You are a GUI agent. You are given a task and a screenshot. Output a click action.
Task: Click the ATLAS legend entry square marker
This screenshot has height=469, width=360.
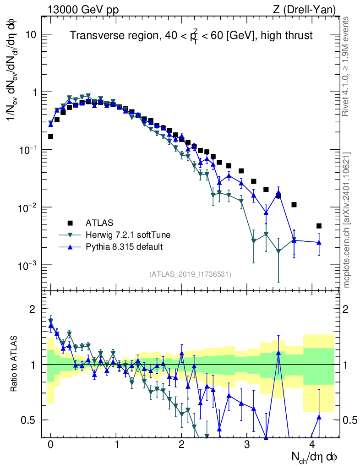click(x=70, y=223)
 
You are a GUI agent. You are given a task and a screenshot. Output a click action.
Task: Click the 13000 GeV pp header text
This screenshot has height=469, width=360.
click(x=83, y=9)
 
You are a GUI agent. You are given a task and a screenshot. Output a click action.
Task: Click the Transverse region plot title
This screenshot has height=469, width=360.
click(x=191, y=36)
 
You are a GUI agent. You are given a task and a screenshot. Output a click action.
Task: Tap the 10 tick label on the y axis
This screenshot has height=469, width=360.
click(x=31, y=35)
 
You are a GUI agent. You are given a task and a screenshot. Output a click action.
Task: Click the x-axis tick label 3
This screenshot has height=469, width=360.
click(x=247, y=444)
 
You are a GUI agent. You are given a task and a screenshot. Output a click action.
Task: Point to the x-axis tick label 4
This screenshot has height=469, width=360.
click(x=312, y=444)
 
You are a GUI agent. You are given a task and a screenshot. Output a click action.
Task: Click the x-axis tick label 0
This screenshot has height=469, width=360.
click(x=50, y=444)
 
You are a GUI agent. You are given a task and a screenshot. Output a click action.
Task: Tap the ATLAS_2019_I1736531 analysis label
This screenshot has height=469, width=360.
click(x=190, y=274)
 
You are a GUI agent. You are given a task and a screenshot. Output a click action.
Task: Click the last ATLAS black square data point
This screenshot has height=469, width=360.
click(x=319, y=226)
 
